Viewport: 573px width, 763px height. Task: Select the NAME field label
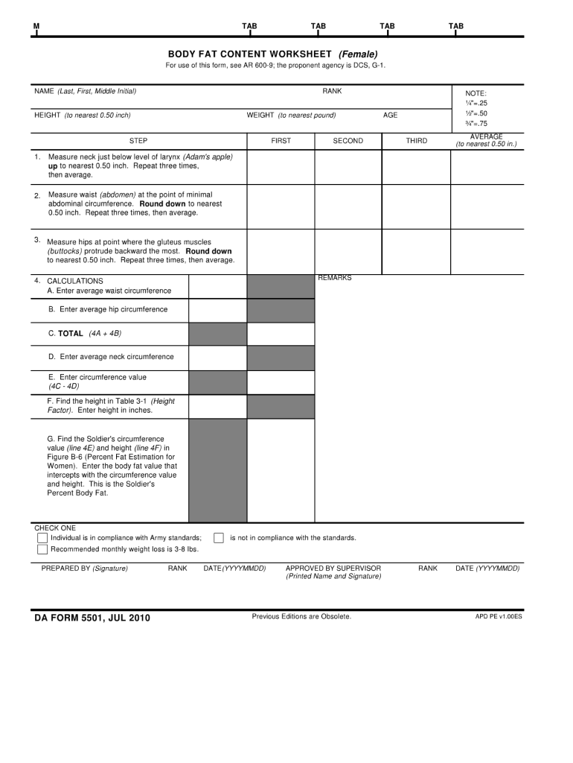click(x=85, y=91)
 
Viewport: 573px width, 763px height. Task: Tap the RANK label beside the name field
click(x=332, y=91)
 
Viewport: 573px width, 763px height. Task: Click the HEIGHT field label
click(x=82, y=115)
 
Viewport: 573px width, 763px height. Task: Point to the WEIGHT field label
click(x=291, y=115)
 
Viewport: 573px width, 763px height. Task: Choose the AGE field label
click(x=390, y=115)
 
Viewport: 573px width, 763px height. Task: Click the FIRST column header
click(x=281, y=141)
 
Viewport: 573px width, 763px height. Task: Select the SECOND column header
click(x=348, y=141)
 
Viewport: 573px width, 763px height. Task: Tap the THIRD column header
click(x=416, y=141)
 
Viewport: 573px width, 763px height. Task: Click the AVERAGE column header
click(x=486, y=140)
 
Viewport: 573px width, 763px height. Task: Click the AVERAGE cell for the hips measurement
click(x=486, y=251)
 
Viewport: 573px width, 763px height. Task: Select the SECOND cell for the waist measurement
click(x=348, y=205)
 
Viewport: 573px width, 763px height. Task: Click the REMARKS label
click(x=334, y=278)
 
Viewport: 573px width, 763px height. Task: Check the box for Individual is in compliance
click(x=42, y=538)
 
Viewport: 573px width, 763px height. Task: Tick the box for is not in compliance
click(x=219, y=538)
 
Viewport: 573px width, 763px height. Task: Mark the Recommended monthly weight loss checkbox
click(x=42, y=550)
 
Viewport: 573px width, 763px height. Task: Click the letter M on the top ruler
click(x=36, y=27)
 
